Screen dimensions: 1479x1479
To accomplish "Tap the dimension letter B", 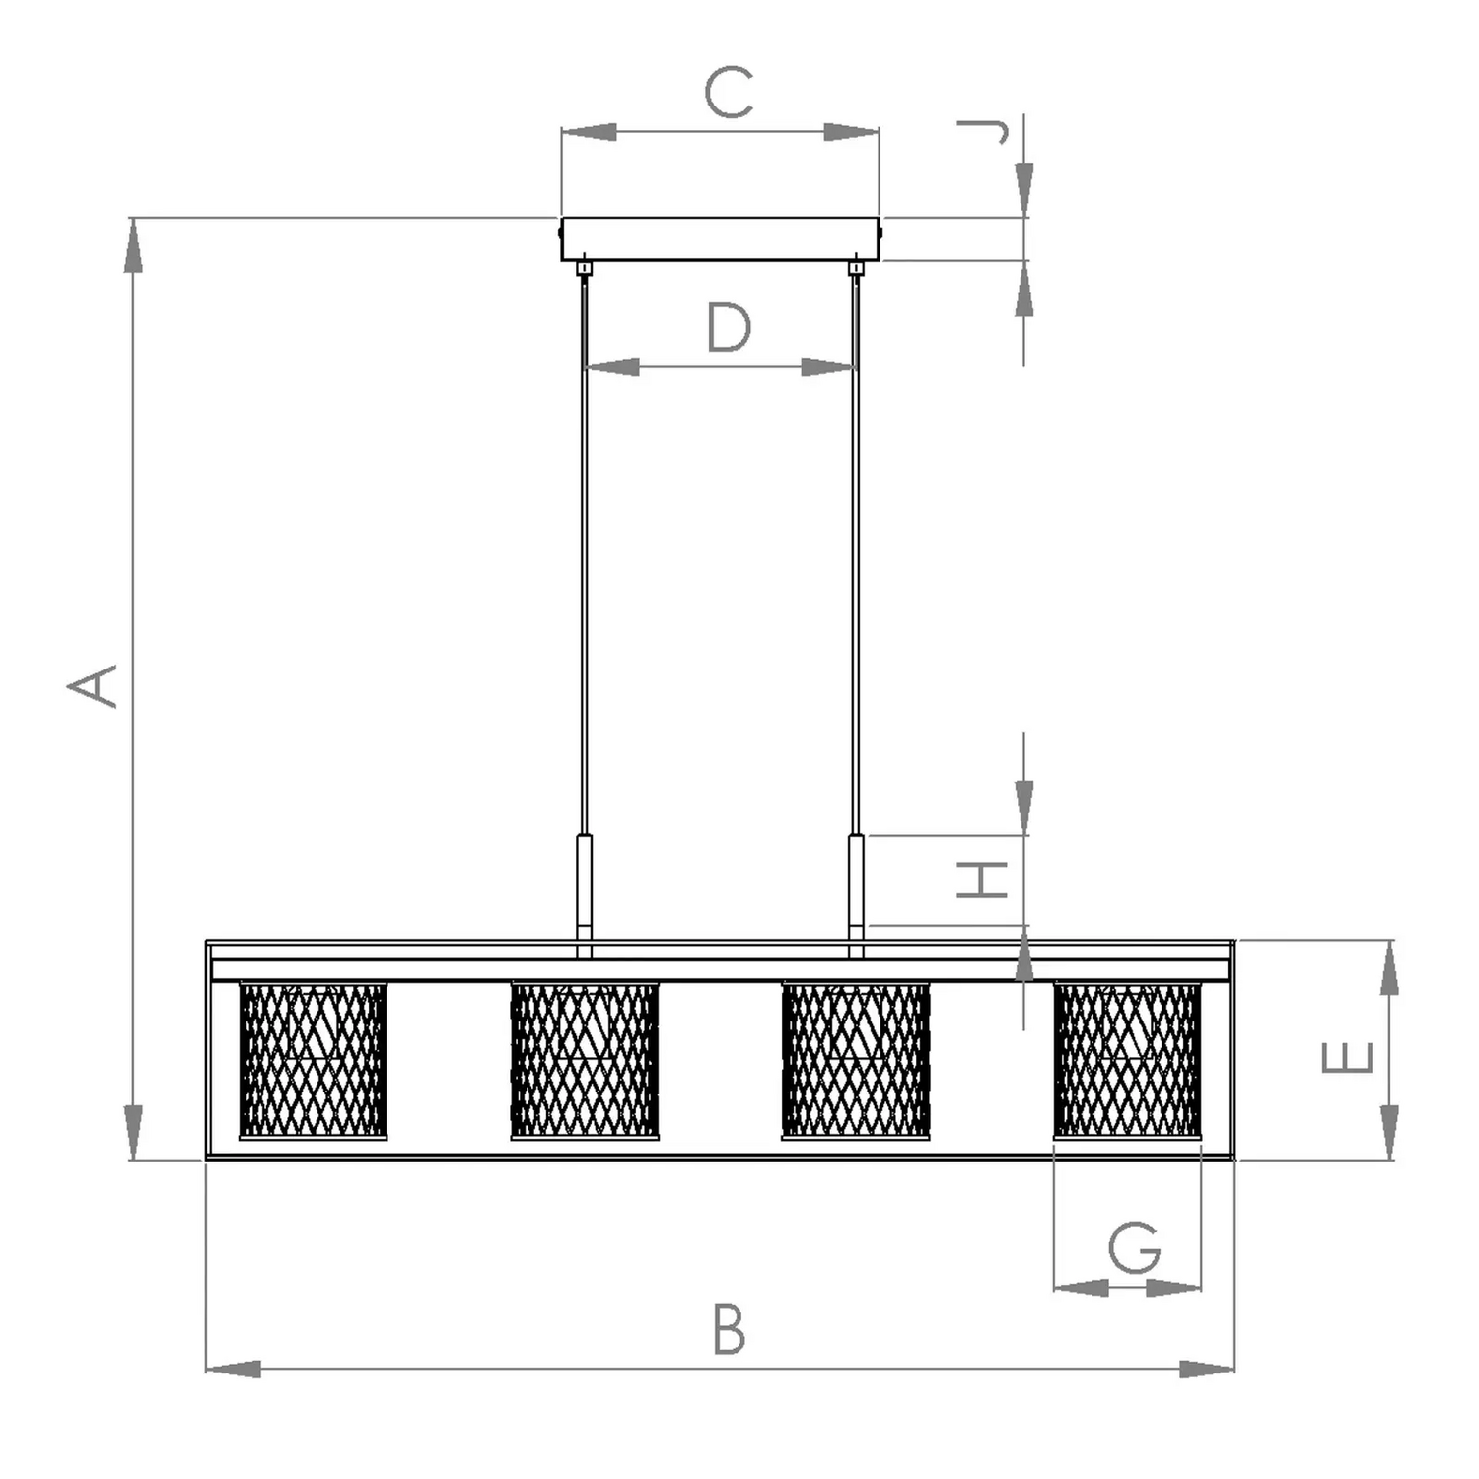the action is (730, 1329).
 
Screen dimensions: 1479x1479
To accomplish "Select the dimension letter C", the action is (730, 94).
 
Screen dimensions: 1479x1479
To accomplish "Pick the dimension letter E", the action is (1347, 1058).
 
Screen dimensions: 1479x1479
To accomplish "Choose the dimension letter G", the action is (1135, 1247).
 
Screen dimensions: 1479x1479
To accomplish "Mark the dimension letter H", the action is (982, 880).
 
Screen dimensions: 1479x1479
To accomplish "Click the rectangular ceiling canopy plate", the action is (721, 240).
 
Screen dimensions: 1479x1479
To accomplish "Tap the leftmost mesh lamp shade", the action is (313, 1060).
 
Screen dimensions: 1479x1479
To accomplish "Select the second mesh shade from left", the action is (585, 1060).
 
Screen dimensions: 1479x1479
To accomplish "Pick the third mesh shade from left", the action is (856, 1060).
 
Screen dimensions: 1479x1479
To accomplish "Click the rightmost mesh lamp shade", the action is (1128, 1060).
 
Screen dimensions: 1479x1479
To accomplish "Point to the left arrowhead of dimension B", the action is (233, 1369).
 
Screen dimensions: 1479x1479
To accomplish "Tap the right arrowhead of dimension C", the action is (851, 132).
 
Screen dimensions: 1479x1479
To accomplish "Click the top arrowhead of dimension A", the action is (133, 246).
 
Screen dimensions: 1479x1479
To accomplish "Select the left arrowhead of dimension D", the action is (612, 367).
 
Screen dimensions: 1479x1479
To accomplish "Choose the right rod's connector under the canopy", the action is (856, 267).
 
